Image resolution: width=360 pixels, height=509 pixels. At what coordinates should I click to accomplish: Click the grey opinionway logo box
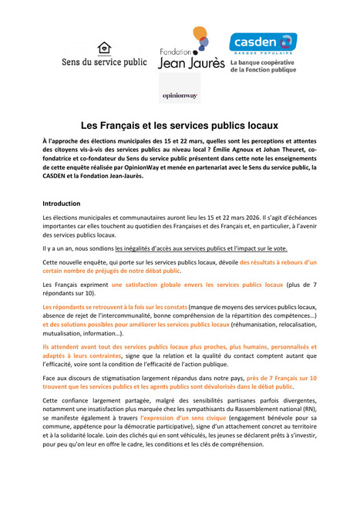pyautogui.click(x=179, y=96)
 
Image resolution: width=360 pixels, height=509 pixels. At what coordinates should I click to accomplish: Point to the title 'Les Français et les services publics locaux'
pyautogui.click(x=180, y=123)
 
